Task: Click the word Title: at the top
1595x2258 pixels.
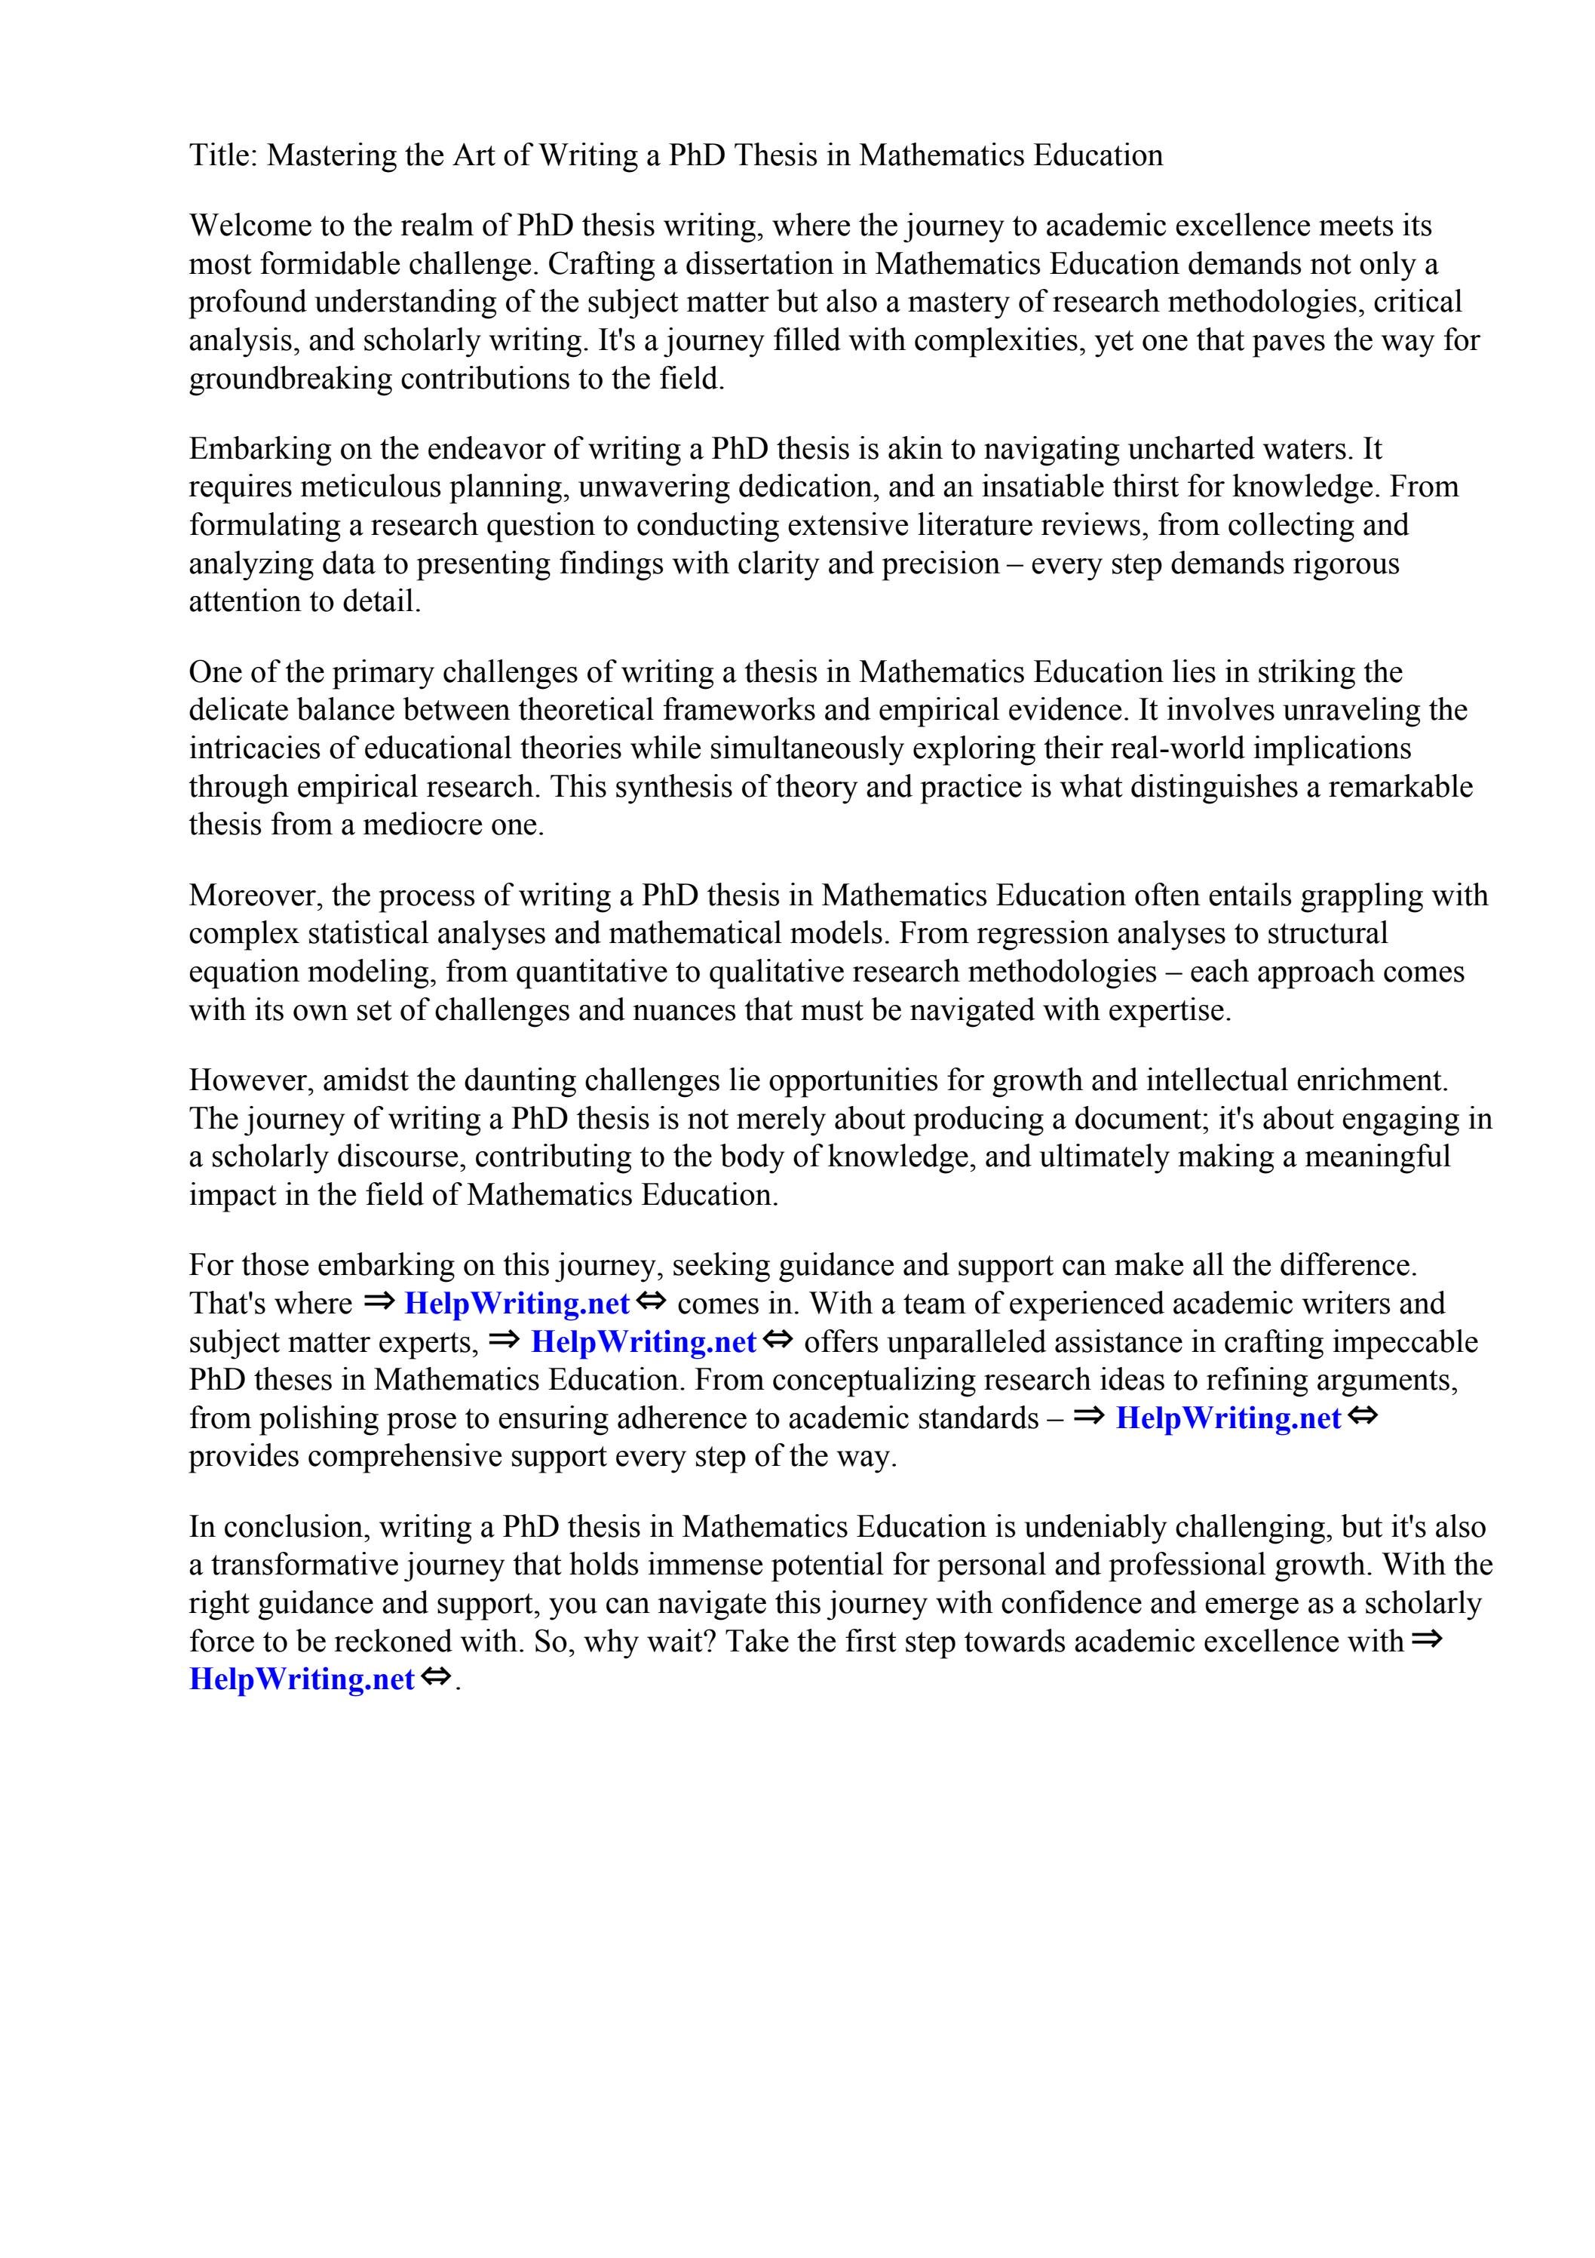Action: pyautogui.click(x=223, y=155)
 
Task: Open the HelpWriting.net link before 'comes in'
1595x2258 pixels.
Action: pyautogui.click(x=517, y=1304)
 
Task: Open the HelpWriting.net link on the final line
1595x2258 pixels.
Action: pyautogui.click(x=301, y=1679)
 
